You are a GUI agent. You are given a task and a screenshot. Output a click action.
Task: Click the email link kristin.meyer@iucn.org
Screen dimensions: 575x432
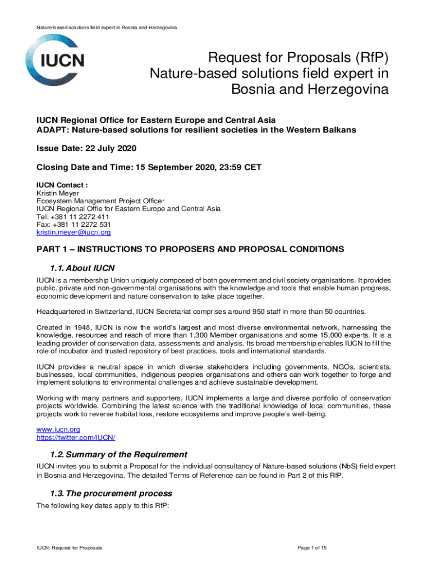73,232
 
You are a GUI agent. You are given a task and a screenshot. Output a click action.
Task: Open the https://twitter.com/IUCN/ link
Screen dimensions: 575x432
76,437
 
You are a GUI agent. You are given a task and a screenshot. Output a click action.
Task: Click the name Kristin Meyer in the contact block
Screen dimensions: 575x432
55,193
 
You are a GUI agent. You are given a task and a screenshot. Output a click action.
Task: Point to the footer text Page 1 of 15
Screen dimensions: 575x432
311,547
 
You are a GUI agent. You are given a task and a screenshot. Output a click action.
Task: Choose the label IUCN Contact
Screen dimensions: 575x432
61,185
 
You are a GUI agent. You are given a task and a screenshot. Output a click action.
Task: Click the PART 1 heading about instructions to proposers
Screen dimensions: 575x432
190,249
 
